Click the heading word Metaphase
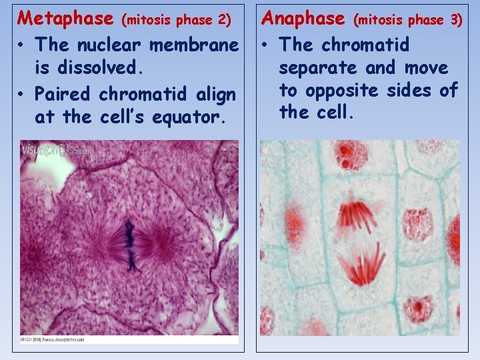tap(65, 17)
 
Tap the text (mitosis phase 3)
tap(407, 19)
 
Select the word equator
tap(193, 117)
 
